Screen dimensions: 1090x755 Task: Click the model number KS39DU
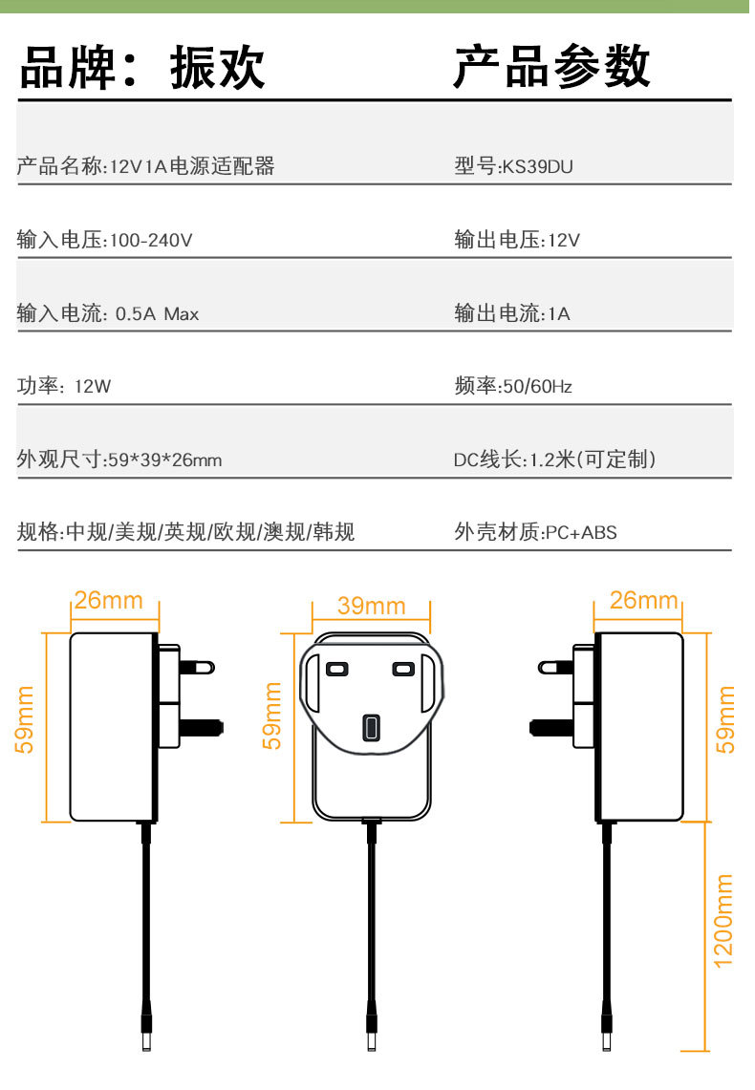click(x=538, y=167)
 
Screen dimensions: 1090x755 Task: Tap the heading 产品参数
click(x=551, y=67)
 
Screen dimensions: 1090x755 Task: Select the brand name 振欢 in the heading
click(x=217, y=69)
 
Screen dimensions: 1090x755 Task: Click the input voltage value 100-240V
click(x=151, y=241)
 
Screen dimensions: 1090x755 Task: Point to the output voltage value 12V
click(x=563, y=241)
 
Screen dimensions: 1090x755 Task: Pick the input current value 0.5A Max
click(x=157, y=313)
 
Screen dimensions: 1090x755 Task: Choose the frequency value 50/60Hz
click(x=537, y=387)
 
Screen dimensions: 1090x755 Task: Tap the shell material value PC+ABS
click(x=581, y=533)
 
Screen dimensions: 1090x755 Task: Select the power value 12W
click(x=93, y=387)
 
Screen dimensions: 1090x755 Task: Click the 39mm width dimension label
click(x=371, y=606)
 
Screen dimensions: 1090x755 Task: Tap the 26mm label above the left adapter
click(x=108, y=601)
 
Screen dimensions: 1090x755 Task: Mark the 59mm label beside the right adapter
click(x=726, y=718)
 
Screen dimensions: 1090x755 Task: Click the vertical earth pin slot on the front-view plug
click(x=370, y=728)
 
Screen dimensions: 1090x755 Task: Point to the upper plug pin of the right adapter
click(x=555, y=666)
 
